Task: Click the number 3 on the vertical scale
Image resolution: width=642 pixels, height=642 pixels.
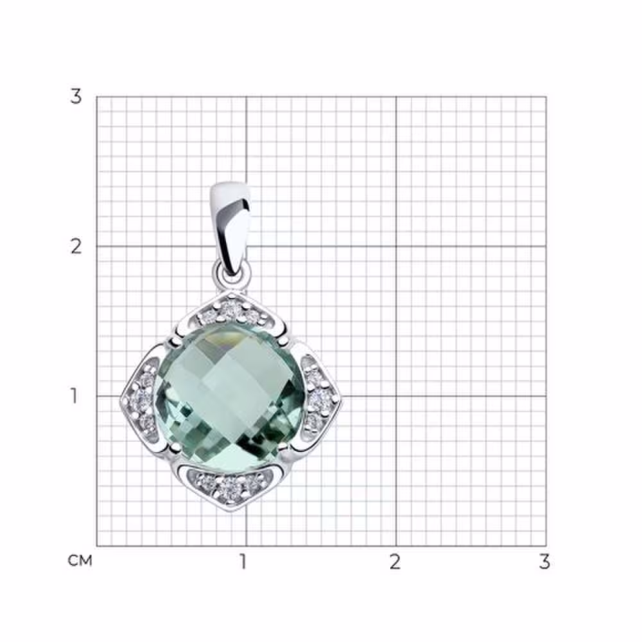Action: click(76, 97)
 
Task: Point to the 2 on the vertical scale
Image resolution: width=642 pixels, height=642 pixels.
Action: click(76, 247)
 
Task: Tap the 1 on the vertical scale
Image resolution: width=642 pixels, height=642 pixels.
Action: click(74, 396)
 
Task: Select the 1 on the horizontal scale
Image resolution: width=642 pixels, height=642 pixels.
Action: click(243, 562)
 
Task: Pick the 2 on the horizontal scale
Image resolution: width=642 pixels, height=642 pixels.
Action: click(395, 562)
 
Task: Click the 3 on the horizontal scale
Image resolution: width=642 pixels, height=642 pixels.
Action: click(544, 562)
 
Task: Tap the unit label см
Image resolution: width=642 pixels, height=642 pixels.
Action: click(80, 560)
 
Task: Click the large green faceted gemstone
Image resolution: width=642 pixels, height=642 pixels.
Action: click(230, 395)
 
